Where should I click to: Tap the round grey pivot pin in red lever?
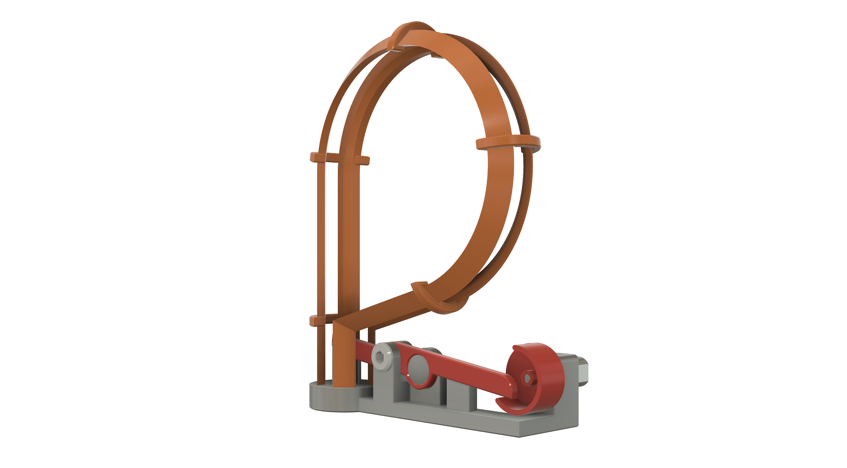coord(418,367)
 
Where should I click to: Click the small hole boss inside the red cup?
coord(527,378)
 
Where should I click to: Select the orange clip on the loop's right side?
coord(508,143)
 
